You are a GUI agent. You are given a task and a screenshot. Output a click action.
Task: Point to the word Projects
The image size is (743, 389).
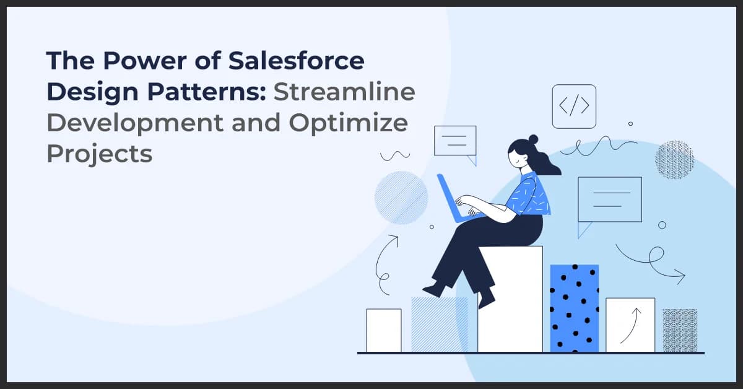99,153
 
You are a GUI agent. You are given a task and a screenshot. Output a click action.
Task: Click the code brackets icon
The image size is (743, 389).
574,107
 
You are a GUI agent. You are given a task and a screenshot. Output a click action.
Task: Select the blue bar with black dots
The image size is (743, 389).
574,308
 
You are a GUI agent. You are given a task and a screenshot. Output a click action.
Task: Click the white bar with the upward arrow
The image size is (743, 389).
630,325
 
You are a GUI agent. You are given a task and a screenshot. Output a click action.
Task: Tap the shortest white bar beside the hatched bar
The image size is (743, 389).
383,330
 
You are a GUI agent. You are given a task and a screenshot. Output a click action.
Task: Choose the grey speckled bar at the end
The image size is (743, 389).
680,330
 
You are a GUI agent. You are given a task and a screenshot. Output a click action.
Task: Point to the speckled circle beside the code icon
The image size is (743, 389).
674,160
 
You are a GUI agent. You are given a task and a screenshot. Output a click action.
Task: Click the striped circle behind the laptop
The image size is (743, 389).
401,198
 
